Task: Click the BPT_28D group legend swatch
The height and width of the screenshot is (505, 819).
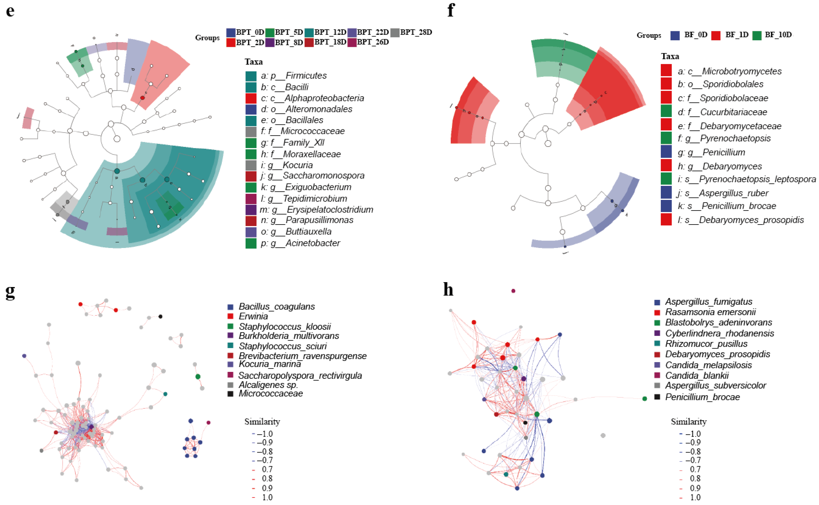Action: pos(395,32)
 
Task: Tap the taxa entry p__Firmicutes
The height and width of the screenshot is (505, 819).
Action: pos(293,76)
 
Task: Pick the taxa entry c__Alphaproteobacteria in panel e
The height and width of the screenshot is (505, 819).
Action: pos(312,98)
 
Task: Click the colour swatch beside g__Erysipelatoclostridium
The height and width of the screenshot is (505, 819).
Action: pos(251,210)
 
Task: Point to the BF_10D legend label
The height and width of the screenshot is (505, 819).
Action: pos(778,35)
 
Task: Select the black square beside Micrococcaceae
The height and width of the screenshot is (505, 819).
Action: pos(230,394)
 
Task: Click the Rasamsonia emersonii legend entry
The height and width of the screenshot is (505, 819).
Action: pos(710,312)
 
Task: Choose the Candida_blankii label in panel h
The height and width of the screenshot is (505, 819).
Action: pos(697,375)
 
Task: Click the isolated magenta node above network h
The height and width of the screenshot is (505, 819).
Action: pos(513,291)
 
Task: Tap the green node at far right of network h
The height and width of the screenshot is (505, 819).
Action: pos(645,398)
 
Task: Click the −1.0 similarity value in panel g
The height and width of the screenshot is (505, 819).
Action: pos(265,434)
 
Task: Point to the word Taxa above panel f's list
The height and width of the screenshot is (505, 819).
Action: pos(670,56)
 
